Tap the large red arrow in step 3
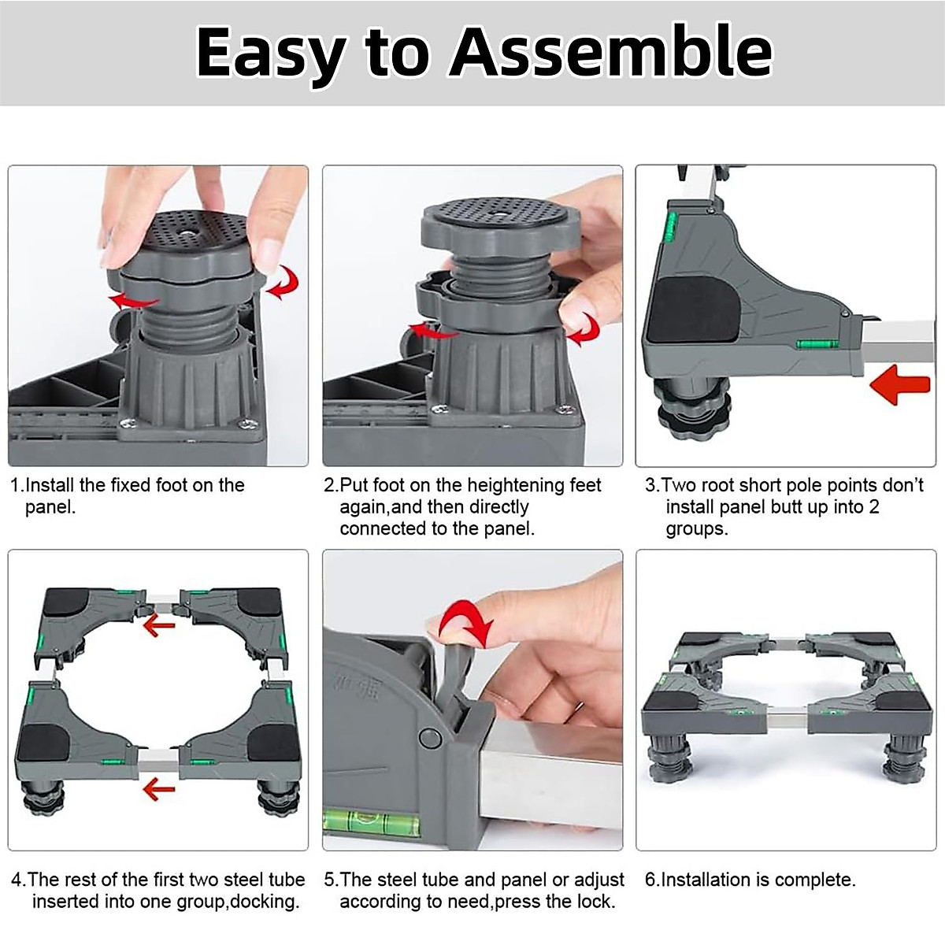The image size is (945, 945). coord(900,384)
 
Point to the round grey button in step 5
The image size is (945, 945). coord(429,737)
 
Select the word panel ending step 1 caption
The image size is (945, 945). coord(50,507)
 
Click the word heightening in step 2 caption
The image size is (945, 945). coord(515,486)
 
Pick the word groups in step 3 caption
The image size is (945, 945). coord(696,529)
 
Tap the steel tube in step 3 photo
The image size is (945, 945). coord(899,343)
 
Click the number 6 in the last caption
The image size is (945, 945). coord(650,880)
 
